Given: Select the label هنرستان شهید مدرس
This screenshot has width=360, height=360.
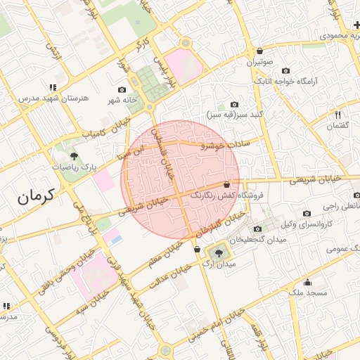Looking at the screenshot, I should pyautogui.click(x=46, y=98).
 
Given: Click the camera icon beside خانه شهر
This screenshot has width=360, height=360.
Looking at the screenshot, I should pyautogui.click(x=122, y=90).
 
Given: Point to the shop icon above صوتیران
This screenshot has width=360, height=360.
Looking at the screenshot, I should pyautogui.click(x=260, y=51).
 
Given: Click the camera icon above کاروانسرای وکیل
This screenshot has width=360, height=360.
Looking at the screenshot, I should pyautogui.click(x=306, y=213).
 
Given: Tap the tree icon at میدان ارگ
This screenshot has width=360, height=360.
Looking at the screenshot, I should pyautogui.click(x=219, y=252).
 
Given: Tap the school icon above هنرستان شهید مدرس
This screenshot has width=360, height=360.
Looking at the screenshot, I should pyautogui.click(x=53, y=87).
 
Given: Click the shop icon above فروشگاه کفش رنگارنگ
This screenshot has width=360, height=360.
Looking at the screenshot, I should pyautogui.click(x=226, y=185).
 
